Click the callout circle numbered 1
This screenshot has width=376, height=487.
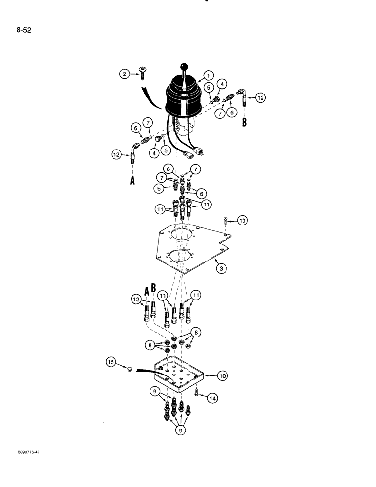coord(208,75)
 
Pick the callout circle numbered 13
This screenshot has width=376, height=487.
coord(243,222)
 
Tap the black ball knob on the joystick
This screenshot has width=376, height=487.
coord(185,67)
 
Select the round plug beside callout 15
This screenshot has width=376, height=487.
coord(129,370)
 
